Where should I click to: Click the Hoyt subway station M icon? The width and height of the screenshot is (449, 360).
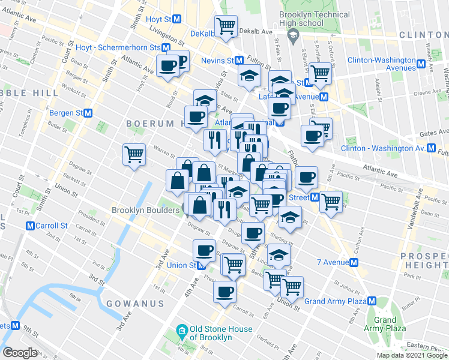177,19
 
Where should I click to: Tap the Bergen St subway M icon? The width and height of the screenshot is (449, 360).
88,113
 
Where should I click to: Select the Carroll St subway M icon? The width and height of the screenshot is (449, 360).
29,226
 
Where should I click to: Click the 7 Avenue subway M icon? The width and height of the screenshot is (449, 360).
355,263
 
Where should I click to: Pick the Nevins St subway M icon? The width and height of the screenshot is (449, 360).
240,61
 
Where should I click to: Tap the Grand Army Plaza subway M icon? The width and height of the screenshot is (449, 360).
372,301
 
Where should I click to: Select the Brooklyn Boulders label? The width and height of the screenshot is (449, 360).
146,211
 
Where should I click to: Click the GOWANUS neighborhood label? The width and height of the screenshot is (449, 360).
135,304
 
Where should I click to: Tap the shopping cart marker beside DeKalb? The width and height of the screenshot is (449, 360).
226,26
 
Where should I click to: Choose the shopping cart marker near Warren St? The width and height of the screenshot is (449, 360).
134,154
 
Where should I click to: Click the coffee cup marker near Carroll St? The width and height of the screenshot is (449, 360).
225,292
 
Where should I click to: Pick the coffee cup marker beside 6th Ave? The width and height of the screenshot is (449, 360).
307,176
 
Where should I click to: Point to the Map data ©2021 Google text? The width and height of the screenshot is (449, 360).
411,355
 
